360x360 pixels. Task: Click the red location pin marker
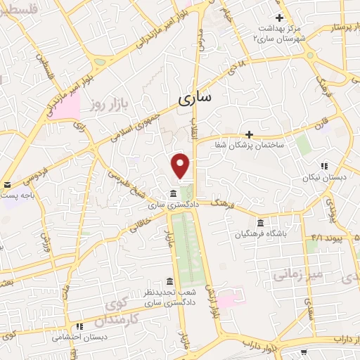(x=181, y=165)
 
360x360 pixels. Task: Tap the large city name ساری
(x=194, y=99)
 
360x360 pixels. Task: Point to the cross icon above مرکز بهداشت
(x=279, y=18)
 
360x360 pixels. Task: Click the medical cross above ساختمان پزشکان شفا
(x=249, y=134)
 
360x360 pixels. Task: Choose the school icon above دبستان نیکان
(x=324, y=166)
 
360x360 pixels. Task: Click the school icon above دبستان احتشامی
(x=79, y=326)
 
